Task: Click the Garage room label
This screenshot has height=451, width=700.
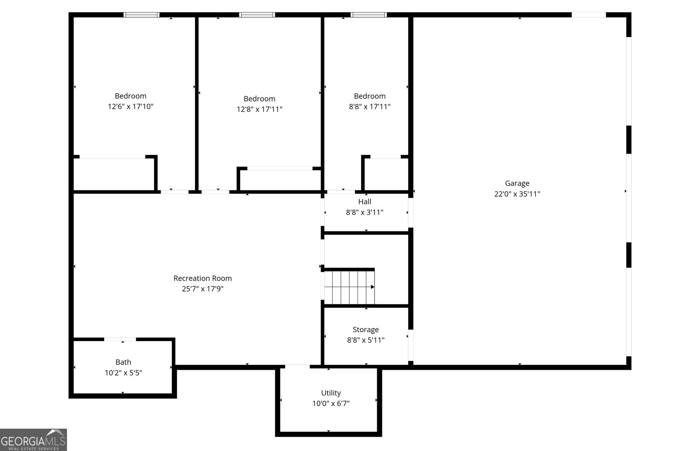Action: tap(517, 183)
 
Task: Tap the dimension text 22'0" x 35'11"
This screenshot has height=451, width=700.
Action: tap(517, 194)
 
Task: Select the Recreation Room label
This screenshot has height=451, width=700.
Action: tap(203, 278)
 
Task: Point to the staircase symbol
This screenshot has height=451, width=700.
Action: tap(349, 287)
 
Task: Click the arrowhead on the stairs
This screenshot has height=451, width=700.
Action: tap(373, 287)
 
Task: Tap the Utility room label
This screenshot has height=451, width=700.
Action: tap(331, 393)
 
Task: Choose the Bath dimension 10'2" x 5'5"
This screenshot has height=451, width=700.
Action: tap(123, 373)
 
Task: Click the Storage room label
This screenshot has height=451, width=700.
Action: tap(366, 329)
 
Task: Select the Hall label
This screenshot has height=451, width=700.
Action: tap(364, 202)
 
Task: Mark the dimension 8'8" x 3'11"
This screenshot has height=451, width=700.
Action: tap(364, 212)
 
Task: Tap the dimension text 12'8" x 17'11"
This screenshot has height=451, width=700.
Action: tap(259, 109)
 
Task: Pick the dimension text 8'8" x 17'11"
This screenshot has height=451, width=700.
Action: tap(370, 106)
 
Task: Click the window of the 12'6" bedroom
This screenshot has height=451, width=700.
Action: tap(141, 15)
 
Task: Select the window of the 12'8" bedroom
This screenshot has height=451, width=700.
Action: tap(257, 15)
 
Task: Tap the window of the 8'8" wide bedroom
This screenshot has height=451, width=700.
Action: tap(369, 15)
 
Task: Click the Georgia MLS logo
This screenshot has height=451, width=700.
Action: tap(33, 440)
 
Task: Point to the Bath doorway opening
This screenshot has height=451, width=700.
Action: tap(120, 339)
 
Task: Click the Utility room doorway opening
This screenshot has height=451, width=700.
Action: tap(297, 367)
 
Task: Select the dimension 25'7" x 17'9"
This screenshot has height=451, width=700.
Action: tap(203, 289)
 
